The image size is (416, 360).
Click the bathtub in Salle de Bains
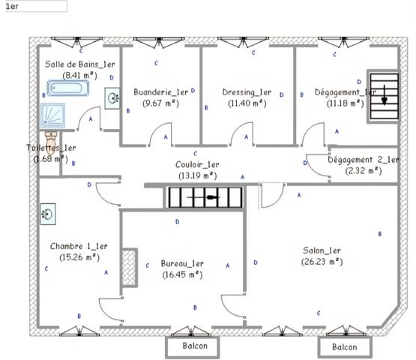[67, 90]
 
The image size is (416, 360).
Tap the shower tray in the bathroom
[53, 116]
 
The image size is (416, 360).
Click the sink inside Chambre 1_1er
[46, 214]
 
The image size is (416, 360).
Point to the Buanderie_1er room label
[160, 92]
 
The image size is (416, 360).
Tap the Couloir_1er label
[197, 164]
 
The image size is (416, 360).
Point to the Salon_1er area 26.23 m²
[322, 262]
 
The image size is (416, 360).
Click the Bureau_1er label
[183, 264]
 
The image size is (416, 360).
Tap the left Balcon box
[191, 346]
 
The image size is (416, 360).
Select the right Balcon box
[344, 347]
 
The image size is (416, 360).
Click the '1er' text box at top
[35, 6]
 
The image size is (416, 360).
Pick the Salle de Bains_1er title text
[80, 65]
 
